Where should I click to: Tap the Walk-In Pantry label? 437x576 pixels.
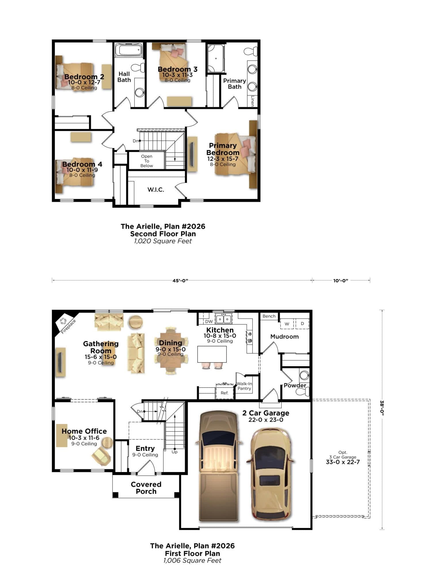tap(244, 386)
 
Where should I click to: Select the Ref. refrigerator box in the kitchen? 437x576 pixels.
tap(225, 391)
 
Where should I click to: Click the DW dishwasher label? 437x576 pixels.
tap(209, 321)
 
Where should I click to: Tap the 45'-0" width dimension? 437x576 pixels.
tap(180, 281)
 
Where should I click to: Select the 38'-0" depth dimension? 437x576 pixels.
tap(382, 408)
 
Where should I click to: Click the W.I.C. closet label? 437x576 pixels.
tap(156, 190)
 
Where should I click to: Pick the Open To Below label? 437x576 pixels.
tap(147, 161)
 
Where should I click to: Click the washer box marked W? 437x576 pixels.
tap(287, 324)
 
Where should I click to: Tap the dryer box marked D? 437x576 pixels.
tap(302, 324)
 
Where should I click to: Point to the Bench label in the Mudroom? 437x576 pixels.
tap(269, 316)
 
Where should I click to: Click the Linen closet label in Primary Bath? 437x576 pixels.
tap(252, 101)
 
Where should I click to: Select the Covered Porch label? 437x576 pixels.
tap(146, 488)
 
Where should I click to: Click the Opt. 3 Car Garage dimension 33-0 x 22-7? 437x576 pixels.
tap(343, 462)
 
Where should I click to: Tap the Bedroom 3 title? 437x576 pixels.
tap(178, 69)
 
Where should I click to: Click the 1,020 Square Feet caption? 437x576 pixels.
tap(163, 241)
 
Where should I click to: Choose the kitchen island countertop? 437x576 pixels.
tap(212, 354)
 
